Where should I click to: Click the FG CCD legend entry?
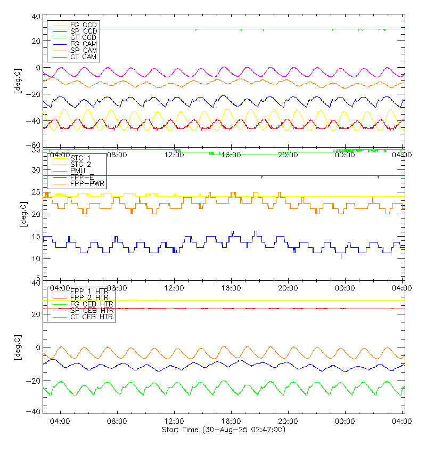point(83,25)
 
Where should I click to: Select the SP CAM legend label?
point(83,50)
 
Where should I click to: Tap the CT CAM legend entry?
point(83,56)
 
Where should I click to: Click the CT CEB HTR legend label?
point(92,317)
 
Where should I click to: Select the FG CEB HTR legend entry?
point(92,304)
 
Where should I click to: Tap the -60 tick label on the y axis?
point(35,145)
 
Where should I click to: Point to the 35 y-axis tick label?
point(37,151)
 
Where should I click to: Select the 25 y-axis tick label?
point(37,192)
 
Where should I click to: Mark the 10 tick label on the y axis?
point(37,259)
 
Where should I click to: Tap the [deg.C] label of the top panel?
point(17,81)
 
